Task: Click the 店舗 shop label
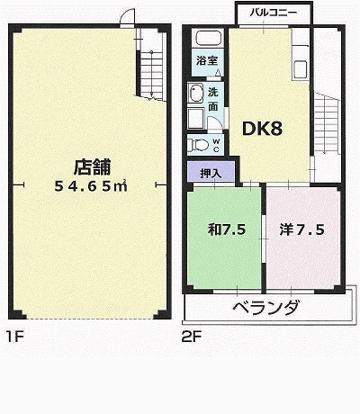click(93, 167)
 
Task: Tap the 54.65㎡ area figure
click(91, 186)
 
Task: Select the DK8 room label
click(262, 129)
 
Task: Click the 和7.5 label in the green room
click(227, 229)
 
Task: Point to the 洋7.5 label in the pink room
click(302, 229)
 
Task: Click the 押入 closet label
click(211, 174)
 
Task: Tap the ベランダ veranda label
click(266, 308)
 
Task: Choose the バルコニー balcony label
click(274, 13)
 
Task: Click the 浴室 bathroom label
click(207, 61)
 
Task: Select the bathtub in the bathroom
click(209, 39)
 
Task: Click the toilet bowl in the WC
click(198, 145)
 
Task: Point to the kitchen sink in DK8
click(300, 69)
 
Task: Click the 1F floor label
click(15, 337)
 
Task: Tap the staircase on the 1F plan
click(151, 75)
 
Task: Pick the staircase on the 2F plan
click(327, 123)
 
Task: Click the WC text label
click(216, 145)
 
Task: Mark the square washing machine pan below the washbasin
click(195, 119)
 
